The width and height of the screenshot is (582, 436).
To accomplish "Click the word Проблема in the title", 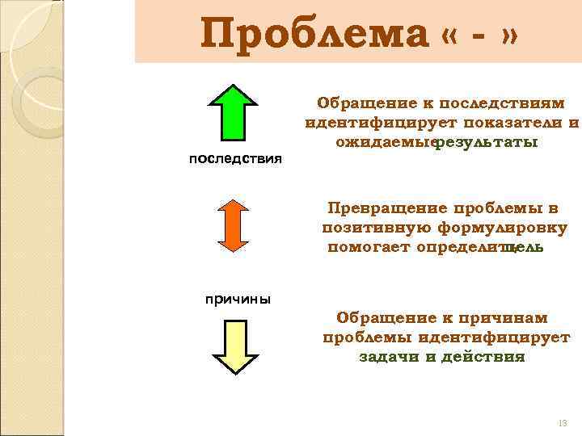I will (x=314, y=33).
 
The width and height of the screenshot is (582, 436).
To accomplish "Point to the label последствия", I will (x=235, y=158).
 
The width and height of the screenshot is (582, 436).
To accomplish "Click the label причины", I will (x=237, y=299).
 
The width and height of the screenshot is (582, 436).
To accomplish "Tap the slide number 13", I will (x=563, y=423).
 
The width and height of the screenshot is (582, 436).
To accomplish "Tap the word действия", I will (x=485, y=356).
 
